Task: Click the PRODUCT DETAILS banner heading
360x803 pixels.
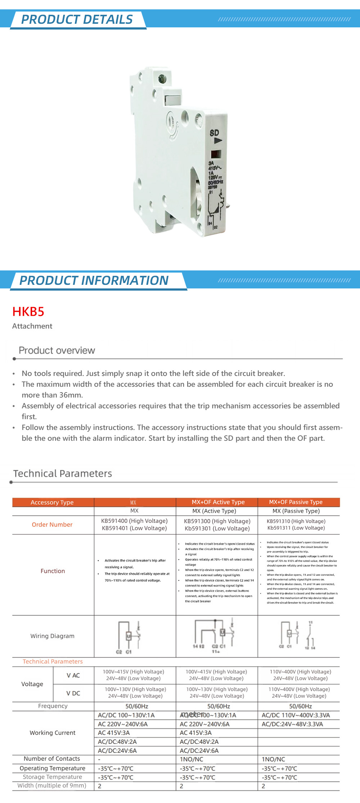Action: tap(77, 19)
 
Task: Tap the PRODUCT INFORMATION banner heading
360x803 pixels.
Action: tap(94, 281)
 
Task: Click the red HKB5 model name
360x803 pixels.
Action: tap(28, 311)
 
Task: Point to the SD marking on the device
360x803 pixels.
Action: tap(214, 133)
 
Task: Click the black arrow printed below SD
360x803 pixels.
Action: tap(217, 141)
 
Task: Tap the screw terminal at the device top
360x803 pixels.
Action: tap(162, 78)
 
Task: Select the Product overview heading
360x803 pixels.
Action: tap(57, 350)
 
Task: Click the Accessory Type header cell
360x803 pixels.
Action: tap(52, 502)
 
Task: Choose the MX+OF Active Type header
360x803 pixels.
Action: tap(218, 502)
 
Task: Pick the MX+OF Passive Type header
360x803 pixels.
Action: tap(296, 502)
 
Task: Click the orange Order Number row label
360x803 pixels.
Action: tap(52, 525)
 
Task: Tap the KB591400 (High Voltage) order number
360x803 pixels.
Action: tap(134, 521)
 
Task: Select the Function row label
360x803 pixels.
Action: tap(53, 571)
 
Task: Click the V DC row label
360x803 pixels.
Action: tap(73, 693)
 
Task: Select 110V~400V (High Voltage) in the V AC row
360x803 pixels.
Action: tap(301, 672)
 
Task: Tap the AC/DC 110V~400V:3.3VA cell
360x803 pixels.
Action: tap(296, 715)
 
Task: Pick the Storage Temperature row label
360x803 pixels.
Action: tap(52, 777)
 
